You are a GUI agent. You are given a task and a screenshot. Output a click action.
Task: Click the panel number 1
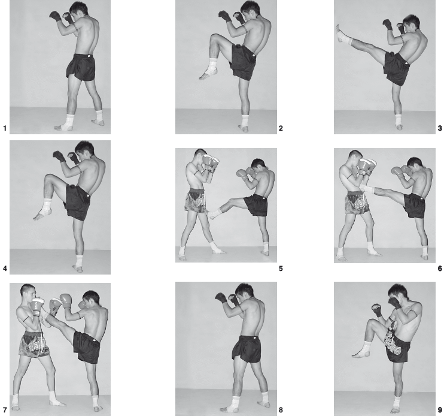tap(5, 128)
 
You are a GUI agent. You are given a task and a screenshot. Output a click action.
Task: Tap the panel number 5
tap(281, 269)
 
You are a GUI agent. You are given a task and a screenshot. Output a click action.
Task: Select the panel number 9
tap(440, 410)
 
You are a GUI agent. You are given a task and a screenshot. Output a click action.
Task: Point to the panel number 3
tap(440, 128)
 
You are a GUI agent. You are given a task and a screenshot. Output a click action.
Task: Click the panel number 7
tap(5, 410)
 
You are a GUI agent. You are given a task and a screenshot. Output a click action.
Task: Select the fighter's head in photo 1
tap(79, 10)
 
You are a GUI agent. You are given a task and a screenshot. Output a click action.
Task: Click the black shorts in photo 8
tap(247, 349)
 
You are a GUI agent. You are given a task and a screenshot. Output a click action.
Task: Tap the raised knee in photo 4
tap(48, 179)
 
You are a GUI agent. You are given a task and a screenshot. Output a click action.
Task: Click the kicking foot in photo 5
tap(214, 213)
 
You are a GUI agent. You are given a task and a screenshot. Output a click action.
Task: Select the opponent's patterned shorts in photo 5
tap(196, 200)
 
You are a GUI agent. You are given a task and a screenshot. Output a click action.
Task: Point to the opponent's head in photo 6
tap(355, 159)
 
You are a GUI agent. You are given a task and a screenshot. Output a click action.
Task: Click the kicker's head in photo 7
tap(90, 300)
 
